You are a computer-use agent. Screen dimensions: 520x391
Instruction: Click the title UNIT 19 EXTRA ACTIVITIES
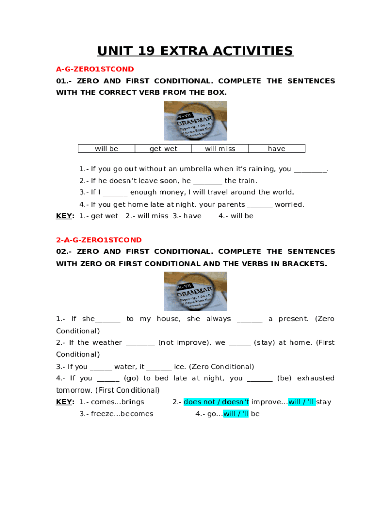(195, 51)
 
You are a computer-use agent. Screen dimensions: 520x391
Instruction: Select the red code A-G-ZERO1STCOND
(95, 69)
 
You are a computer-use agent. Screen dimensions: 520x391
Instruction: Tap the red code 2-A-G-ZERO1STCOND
(99, 240)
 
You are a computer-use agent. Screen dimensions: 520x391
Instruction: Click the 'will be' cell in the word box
(106, 149)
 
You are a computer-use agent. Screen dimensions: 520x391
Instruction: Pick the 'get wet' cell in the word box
(163, 149)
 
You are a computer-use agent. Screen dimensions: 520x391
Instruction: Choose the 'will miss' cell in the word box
(220, 149)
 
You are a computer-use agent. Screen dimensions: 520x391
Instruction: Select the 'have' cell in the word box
(277, 149)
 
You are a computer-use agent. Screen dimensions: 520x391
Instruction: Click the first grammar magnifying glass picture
(195, 120)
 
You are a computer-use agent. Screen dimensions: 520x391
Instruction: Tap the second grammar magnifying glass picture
(195, 291)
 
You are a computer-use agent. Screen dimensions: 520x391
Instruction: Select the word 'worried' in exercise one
(289, 205)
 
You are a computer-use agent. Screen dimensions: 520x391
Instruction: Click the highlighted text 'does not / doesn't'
(216, 402)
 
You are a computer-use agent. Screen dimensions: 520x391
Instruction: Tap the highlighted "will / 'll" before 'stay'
(302, 402)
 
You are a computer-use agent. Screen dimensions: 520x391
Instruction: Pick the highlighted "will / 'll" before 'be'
(236, 414)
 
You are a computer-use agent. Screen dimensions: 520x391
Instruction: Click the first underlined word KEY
(64, 216)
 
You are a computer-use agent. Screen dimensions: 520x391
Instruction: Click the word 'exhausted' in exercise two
(315, 378)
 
